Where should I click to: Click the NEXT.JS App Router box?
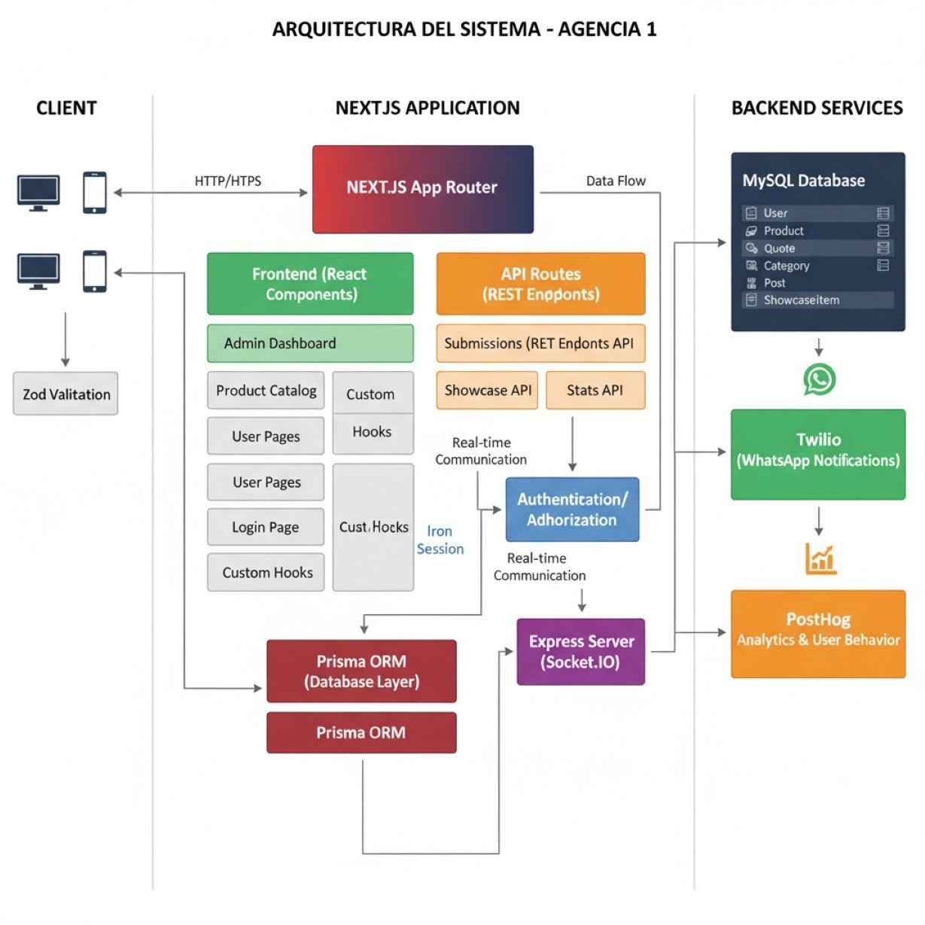(x=422, y=189)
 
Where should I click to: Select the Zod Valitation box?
(x=65, y=394)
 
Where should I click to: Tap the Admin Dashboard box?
(x=310, y=343)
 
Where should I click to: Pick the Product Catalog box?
(x=266, y=391)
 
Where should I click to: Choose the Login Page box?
(x=265, y=527)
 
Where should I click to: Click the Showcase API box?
(x=487, y=390)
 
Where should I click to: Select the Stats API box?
(x=595, y=390)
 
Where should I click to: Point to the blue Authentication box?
(x=572, y=510)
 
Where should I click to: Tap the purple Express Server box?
(x=581, y=652)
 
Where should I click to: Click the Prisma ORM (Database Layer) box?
(x=361, y=671)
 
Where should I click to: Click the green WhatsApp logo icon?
(x=819, y=379)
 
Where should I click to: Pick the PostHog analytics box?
(x=818, y=633)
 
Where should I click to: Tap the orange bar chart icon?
(x=820, y=558)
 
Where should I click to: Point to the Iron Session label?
(x=440, y=540)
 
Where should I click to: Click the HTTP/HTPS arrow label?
(x=228, y=181)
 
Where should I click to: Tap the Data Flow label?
(x=616, y=181)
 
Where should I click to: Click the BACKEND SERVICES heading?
(x=817, y=108)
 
